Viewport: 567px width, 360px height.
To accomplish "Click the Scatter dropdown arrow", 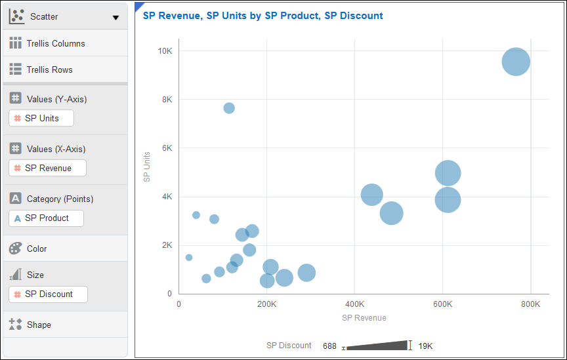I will click(x=116, y=18).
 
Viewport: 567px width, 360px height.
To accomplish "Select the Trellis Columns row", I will click(x=56, y=43).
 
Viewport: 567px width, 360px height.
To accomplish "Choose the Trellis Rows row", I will click(x=50, y=70).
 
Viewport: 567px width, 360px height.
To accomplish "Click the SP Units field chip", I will click(x=41, y=118).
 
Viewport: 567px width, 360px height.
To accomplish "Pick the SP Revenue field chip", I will click(x=47, y=168).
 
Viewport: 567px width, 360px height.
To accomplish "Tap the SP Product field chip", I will click(x=46, y=218).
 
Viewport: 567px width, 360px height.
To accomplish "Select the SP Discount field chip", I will click(x=48, y=294).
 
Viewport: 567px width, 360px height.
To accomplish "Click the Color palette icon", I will click(x=16, y=249).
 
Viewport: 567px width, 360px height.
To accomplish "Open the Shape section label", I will click(x=39, y=325).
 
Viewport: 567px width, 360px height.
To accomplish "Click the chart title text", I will click(x=262, y=15).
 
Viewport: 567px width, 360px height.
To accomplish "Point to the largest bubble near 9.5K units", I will click(x=516, y=62).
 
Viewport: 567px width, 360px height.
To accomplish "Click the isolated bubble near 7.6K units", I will click(x=229, y=108).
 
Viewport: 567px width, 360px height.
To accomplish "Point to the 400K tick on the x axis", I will click(x=354, y=304).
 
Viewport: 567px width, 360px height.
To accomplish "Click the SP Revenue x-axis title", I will click(x=364, y=318).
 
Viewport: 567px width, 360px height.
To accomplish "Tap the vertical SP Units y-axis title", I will click(x=147, y=167).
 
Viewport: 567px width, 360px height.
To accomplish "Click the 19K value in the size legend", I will click(x=425, y=346).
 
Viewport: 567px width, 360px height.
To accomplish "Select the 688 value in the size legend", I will click(x=329, y=346).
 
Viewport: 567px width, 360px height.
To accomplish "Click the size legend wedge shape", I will click(x=377, y=345).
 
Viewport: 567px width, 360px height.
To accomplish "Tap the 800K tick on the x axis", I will click(x=530, y=304).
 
